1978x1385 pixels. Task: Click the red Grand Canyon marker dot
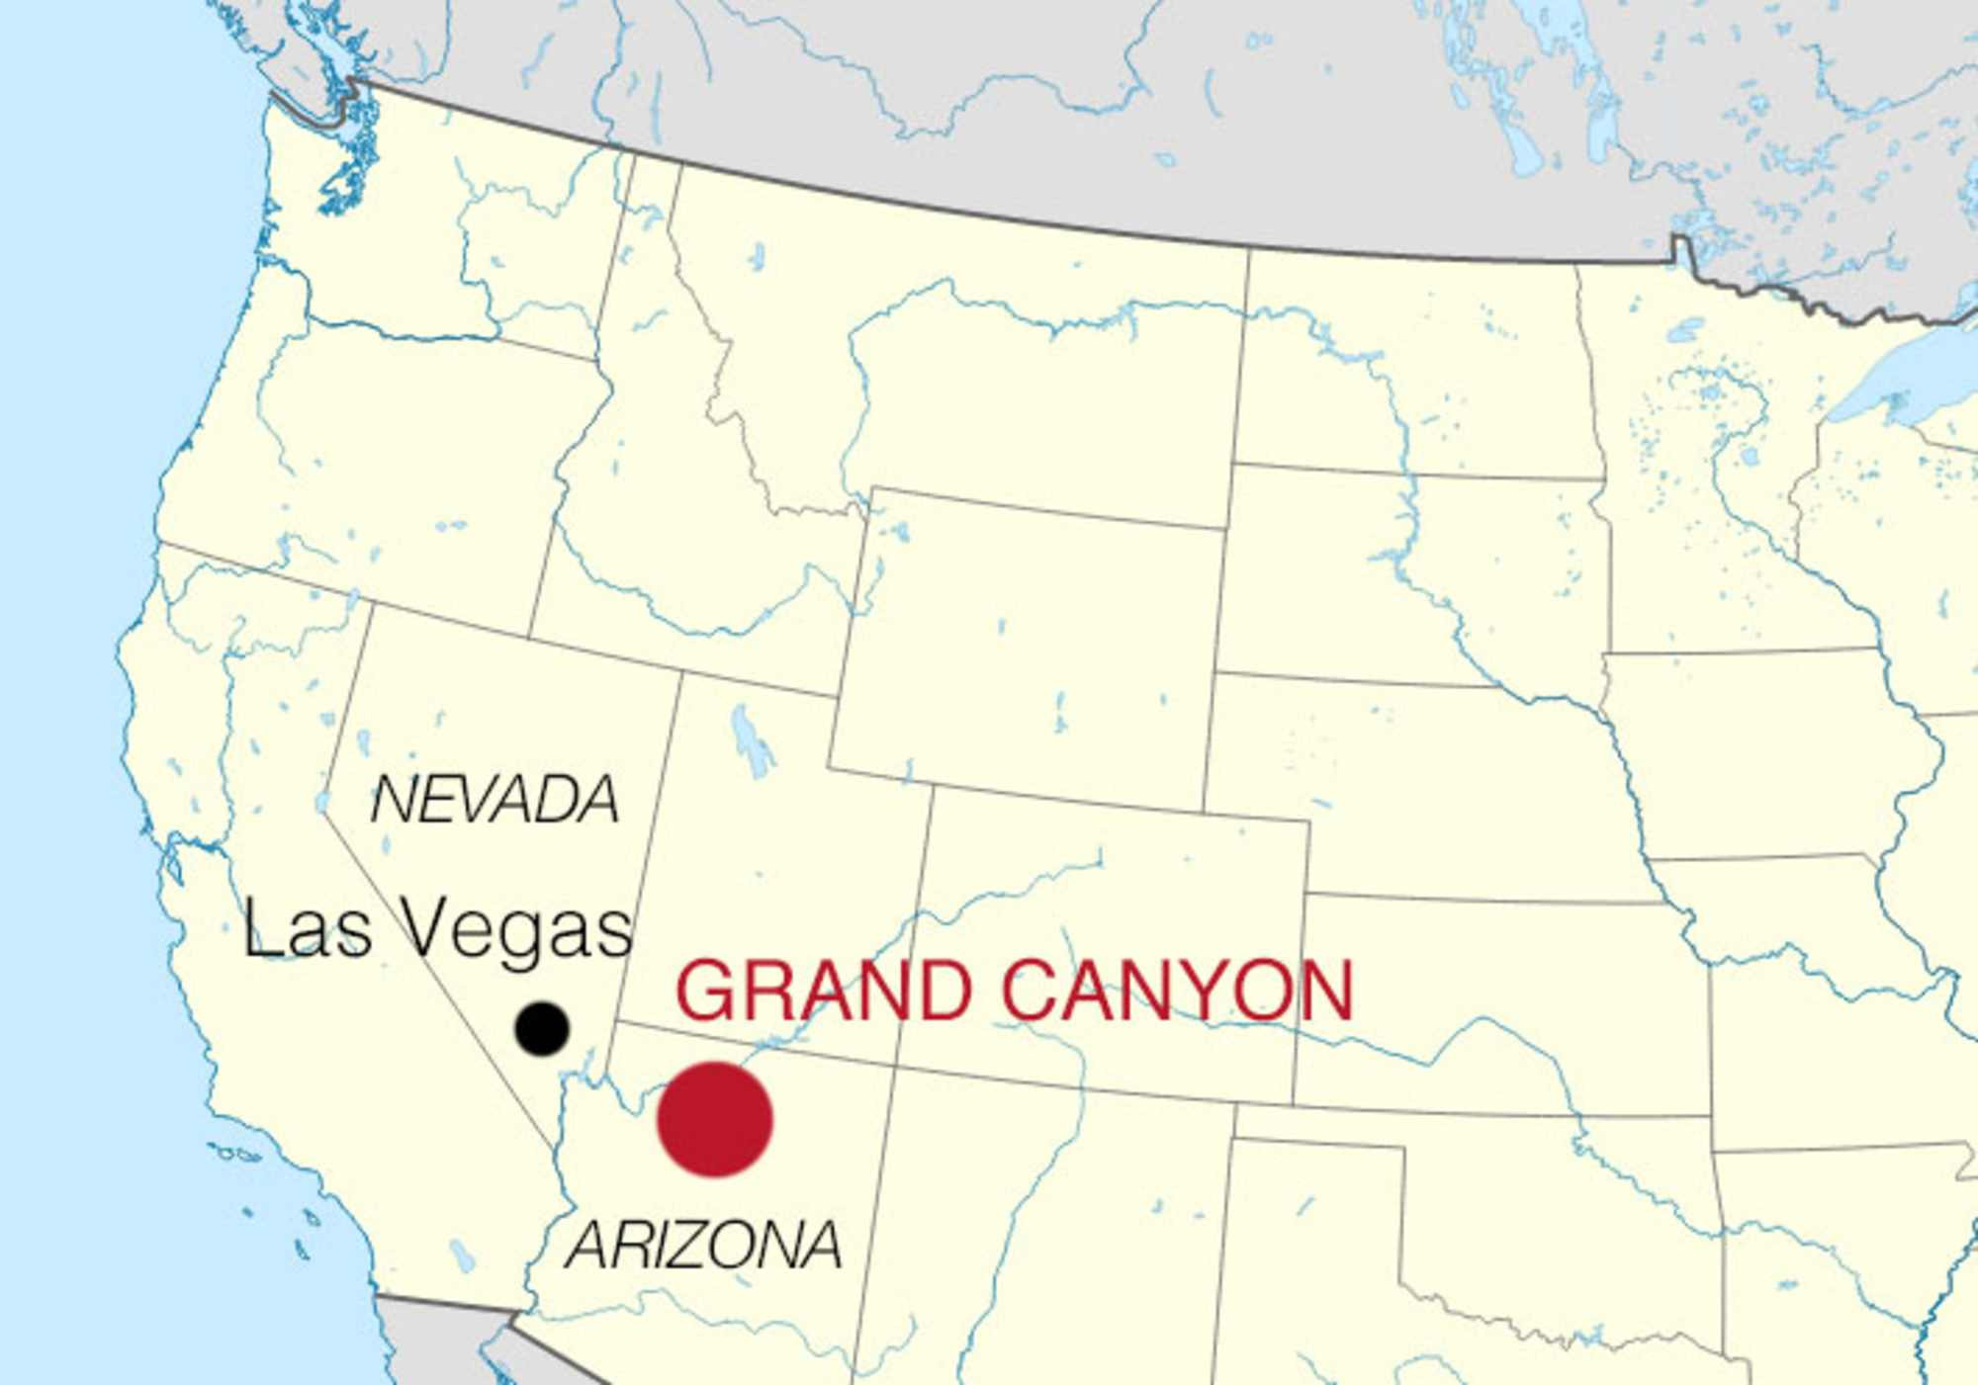(715, 1119)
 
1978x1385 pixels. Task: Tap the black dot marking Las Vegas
(542, 1028)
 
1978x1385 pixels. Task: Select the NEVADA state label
(494, 800)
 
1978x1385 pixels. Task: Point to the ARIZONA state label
(703, 1246)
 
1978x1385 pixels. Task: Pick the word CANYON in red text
(1177, 991)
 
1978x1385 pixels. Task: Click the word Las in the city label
(308, 929)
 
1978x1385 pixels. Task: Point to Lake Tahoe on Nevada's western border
(322, 801)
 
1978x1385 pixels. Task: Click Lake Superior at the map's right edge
(1909, 376)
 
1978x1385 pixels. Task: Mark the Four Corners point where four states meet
(894, 1065)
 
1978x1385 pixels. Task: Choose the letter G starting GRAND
(704, 991)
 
